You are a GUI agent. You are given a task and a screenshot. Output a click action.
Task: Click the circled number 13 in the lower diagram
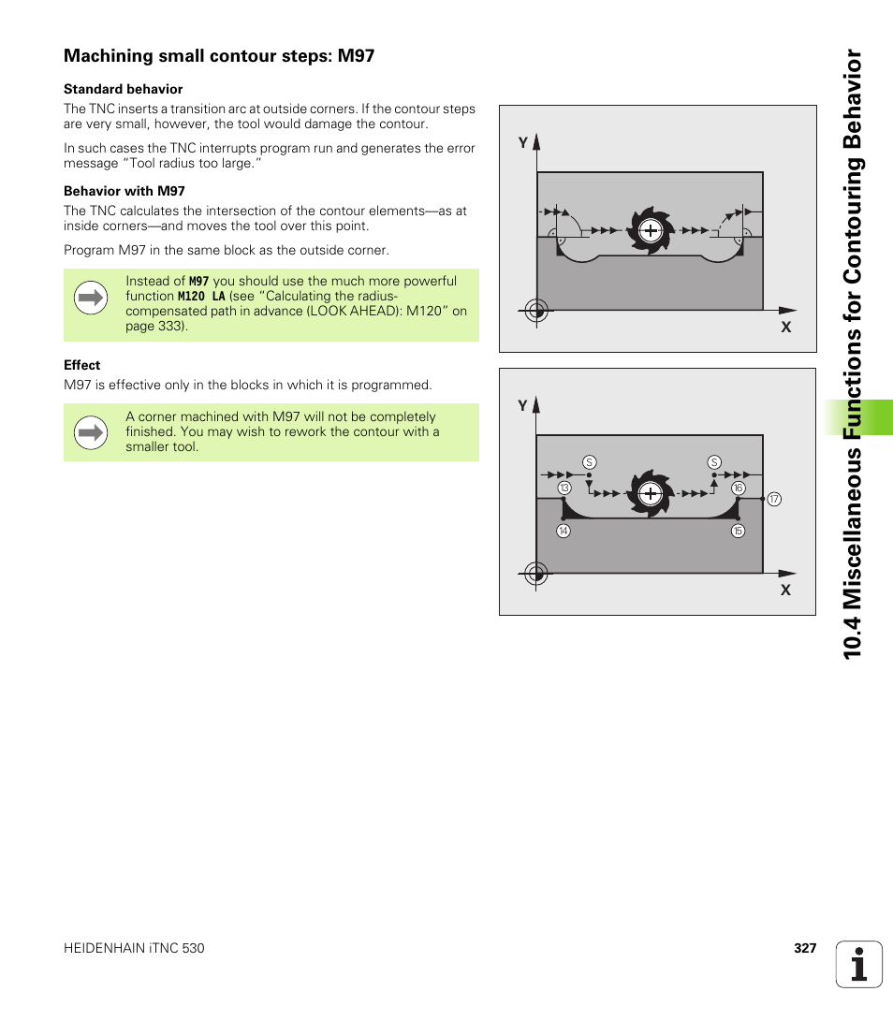click(564, 489)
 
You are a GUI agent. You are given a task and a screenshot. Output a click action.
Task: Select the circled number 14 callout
click(564, 532)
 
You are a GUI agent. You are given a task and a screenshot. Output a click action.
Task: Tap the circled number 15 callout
click(738, 532)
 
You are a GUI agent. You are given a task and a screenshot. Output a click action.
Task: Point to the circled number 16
click(739, 489)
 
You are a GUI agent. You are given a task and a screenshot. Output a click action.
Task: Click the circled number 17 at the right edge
click(774, 500)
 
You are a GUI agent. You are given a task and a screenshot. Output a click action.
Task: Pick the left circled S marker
click(589, 462)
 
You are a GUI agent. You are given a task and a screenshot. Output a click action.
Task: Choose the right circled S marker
click(714, 462)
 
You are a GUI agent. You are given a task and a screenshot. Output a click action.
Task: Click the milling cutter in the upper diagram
click(650, 229)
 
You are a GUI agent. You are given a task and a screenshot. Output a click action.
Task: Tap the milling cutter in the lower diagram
click(650, 492)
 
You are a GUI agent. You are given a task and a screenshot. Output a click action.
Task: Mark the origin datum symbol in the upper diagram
click(535, 311)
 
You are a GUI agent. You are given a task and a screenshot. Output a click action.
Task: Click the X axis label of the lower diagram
click(786, 591)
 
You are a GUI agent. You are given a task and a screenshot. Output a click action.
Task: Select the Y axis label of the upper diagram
click(523, 142)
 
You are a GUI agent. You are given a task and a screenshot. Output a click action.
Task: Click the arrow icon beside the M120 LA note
click(91, 299)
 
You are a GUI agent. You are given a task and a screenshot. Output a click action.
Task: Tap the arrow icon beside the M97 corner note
click(91, 432)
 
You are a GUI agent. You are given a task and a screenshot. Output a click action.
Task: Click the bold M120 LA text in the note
click(201, 296)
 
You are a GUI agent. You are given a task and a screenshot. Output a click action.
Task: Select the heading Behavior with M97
click(124, 191)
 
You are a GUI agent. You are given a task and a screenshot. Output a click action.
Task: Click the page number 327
click(805, 948)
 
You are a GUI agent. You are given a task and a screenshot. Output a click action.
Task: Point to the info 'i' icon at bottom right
click(858, 964)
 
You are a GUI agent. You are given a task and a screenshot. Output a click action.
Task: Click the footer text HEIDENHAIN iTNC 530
click(134, 948)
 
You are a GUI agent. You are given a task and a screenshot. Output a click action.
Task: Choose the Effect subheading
click(82, 365)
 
